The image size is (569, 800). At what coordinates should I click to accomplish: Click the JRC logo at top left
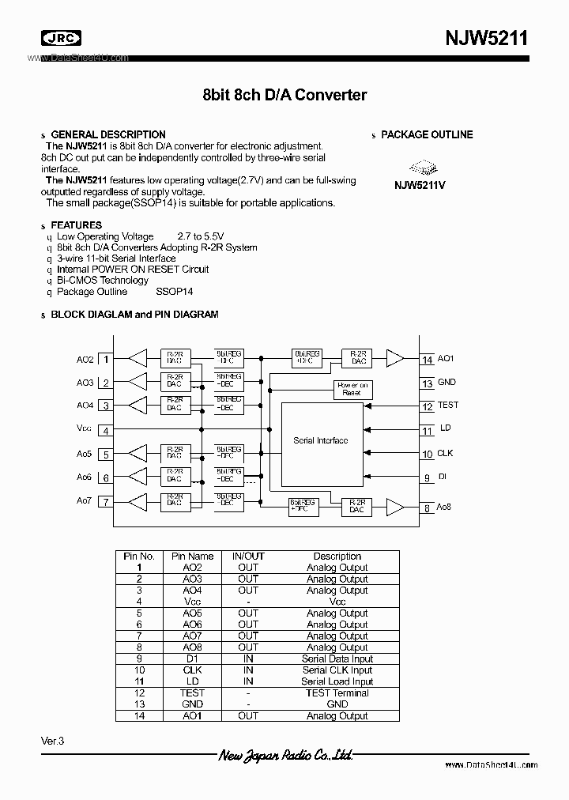pos(61,38)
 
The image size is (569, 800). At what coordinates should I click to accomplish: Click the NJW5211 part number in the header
pos(484,38)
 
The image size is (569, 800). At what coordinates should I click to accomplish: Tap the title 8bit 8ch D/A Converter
pos(284,95)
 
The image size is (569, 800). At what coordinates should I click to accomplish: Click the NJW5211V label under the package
pos(420,186)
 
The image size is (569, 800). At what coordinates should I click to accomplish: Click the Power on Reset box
pos(352,389)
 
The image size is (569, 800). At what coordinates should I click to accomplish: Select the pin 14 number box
pos(427,360)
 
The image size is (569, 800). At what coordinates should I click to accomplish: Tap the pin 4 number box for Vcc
pos(105,430)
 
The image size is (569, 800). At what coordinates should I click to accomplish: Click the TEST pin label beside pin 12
pos(447,405)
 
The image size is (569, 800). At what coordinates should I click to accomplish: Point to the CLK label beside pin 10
pos(445,454)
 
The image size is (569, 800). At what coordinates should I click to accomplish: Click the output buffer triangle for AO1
pos(394,358)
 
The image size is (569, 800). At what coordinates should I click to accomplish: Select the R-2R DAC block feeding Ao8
pos(356,506)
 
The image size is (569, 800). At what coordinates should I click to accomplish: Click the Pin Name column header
pos(192,557)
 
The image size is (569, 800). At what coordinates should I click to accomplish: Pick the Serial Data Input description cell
pos(337,658)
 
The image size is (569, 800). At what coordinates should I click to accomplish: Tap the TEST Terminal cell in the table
pos(337,692)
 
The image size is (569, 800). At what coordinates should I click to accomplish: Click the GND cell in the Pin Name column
pos(192,704)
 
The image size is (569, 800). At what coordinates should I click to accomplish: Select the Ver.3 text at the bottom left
pos(52,741)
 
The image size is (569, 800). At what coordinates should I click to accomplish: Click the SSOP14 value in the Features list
pos(175,292)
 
